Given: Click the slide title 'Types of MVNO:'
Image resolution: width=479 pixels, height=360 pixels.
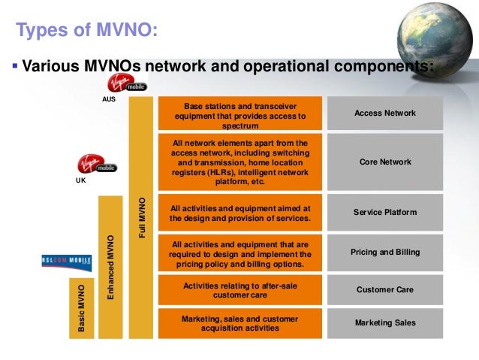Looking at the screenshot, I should pyautogui.click(x=87, y=31).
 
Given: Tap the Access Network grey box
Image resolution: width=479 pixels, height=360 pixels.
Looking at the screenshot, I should pyautogui.click(x=384, y=113).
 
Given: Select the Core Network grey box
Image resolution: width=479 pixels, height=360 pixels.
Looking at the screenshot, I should pyautogui.click(x=384, y=162).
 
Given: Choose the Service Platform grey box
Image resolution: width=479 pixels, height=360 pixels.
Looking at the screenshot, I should pyautogui.click(x=384, y=213).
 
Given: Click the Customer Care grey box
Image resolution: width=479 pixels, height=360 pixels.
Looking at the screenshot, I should pyautogui.click(x=384, y=289).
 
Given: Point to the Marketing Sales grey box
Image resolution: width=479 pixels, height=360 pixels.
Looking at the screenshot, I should pyautogui.click(x=384, y=322).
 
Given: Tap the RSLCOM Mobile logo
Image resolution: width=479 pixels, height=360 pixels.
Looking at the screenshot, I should pyautogui.click(x=66, y=262).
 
